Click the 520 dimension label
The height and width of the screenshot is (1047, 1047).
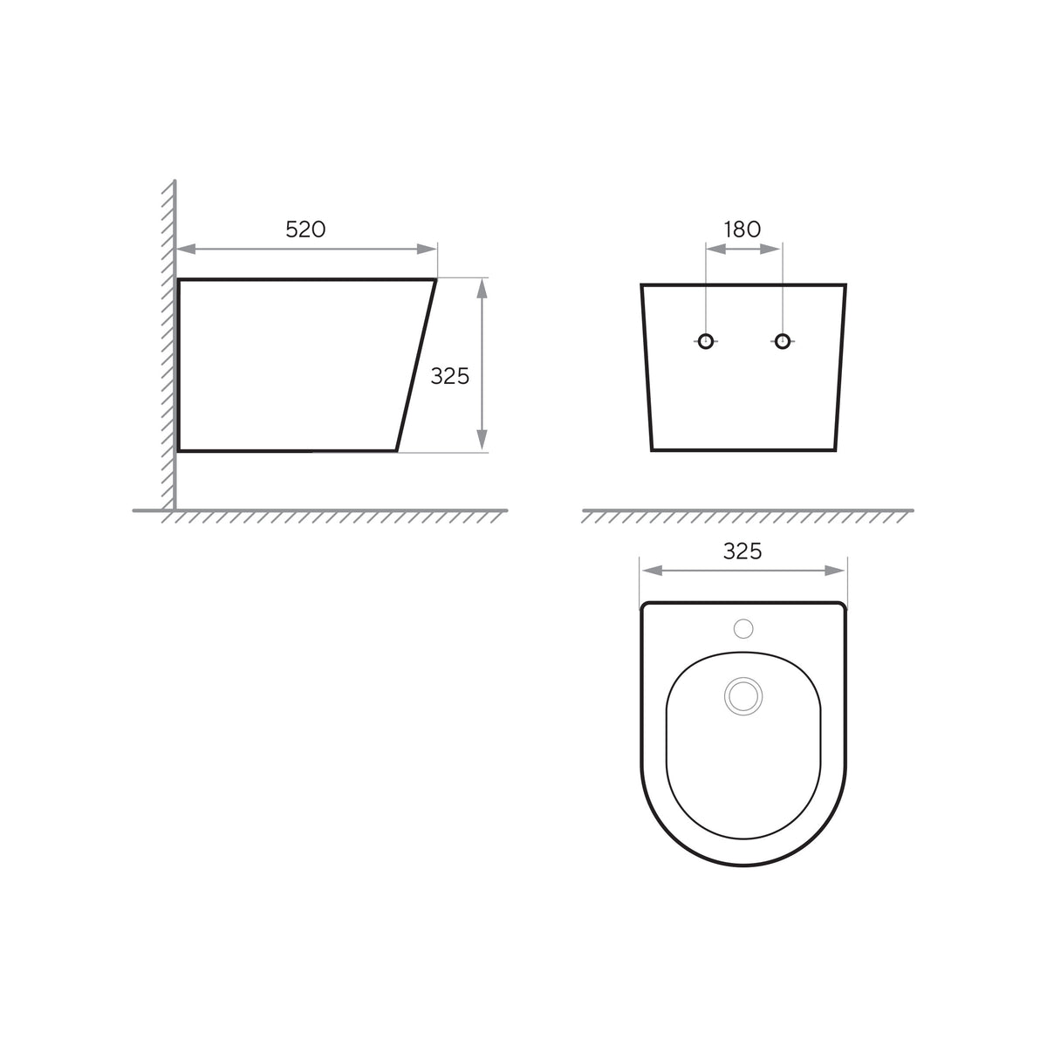pos(305,229)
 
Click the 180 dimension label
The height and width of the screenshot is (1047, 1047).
pos(742,229)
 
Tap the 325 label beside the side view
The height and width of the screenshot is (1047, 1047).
pos(450,376)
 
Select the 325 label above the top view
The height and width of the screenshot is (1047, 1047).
pos(742,551)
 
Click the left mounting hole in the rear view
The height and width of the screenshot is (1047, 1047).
pos(706,341)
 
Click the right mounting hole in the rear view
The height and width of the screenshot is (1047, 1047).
pos(783,341)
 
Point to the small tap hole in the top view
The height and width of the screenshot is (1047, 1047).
pos(743,628)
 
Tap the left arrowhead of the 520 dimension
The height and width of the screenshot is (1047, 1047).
pos(187,249)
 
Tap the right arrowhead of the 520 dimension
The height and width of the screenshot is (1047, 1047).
pos(427,249)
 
